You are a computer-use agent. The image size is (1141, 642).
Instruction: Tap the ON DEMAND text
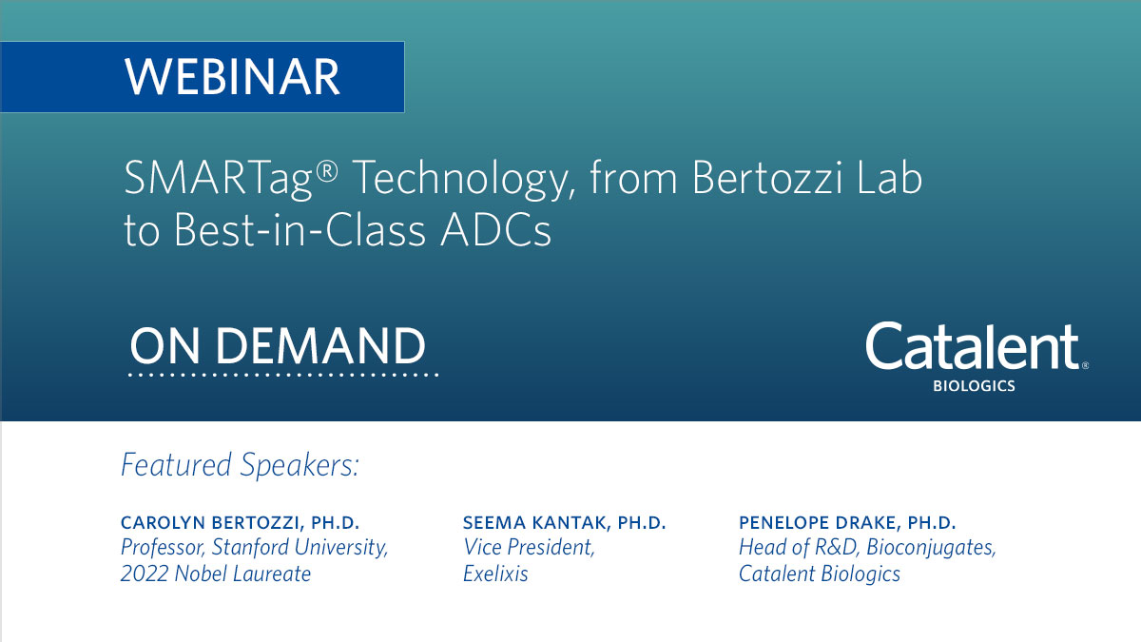(278, 346)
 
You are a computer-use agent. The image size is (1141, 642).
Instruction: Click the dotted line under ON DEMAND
(283, 376)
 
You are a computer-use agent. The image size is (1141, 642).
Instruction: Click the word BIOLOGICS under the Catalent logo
(974, 387)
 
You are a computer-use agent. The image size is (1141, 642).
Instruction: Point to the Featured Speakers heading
(240, 465)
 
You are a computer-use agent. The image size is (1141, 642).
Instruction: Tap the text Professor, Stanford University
(254, 548)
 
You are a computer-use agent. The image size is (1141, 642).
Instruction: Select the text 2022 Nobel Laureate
(216, 574)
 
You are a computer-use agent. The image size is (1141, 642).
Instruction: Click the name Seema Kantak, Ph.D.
(564, 523)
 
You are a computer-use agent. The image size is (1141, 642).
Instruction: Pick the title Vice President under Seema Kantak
(529, 548)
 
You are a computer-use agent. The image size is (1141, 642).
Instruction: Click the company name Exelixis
(495, 574)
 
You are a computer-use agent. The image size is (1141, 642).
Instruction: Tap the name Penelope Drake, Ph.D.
(847, 523)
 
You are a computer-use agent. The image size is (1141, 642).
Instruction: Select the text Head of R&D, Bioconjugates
(867, 548)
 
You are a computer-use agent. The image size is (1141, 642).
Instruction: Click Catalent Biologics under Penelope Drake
(820, 574)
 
